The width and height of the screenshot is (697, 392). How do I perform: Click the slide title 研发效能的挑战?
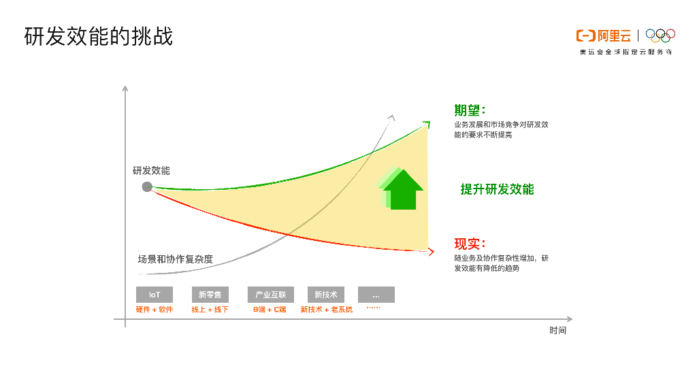[99, 36]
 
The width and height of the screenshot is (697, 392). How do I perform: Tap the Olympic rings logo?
[660, 35]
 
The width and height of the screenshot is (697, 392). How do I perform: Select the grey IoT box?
[155, 295]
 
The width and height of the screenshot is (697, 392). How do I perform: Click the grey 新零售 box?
[210, 295]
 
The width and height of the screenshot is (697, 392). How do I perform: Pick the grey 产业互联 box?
[270, 295]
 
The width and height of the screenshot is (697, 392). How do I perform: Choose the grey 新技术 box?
[326, 295]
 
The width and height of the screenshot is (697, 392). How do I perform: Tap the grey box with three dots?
[376, 295]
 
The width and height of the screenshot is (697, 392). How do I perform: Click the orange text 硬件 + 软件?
[155, 310]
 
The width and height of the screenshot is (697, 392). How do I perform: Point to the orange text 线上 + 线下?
[210, 310]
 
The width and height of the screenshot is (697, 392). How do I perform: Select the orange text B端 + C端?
[270, 310]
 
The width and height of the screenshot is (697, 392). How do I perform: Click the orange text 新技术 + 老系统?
[327, 310]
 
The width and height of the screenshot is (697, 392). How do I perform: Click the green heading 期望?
[470, 110]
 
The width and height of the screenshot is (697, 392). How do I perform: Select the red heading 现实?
[470, 244]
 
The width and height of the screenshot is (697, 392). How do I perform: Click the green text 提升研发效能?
[497, 189]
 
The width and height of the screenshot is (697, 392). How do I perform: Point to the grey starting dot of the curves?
[147, 186]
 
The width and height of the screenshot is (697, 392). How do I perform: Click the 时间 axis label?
[558, 331]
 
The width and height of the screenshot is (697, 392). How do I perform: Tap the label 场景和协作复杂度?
[176, 259]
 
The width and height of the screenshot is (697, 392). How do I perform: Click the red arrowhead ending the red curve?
[430, 252]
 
